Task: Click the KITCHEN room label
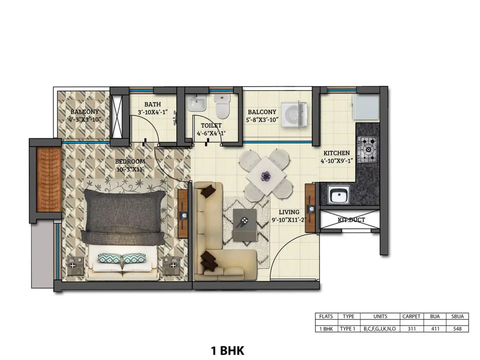click(336, 153)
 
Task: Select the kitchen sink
click(338, 194)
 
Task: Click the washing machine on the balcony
click(294, 114)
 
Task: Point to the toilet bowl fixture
click(222, 106)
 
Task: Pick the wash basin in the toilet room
click(196, 103)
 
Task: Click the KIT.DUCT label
click(351, 220)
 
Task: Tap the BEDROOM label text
click(130, 161)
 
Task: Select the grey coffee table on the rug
click(245, 225)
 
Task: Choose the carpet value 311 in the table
click(412, 329)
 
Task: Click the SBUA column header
click(457, 316)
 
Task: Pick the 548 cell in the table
click(457, 329)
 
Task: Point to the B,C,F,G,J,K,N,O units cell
click(380, 329)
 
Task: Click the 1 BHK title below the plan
click(227, 351)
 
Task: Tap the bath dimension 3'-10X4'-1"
click(153, 112)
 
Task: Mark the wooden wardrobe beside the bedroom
click(49, 180)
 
